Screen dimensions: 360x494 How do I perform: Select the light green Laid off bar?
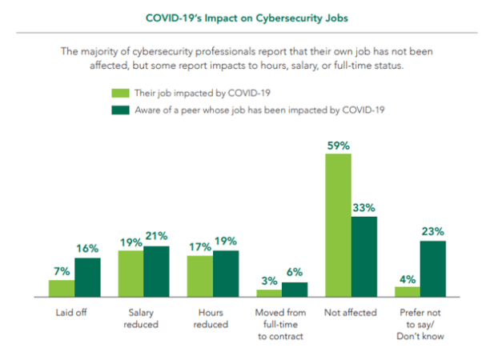pyautogui.click(x=62, y=288)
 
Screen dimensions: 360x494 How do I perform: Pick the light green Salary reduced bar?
pyautogui.click(x=131, y=273)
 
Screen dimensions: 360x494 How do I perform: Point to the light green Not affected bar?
pyautogui.click(x=339, y=225)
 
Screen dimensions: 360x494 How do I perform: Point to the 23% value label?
pyautogui.click(x=433, y=232)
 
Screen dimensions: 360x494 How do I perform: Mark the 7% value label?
pyautogui.click(x=62, y=271)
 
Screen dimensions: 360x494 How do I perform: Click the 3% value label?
pyautogui.click(x=269, y=281)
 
